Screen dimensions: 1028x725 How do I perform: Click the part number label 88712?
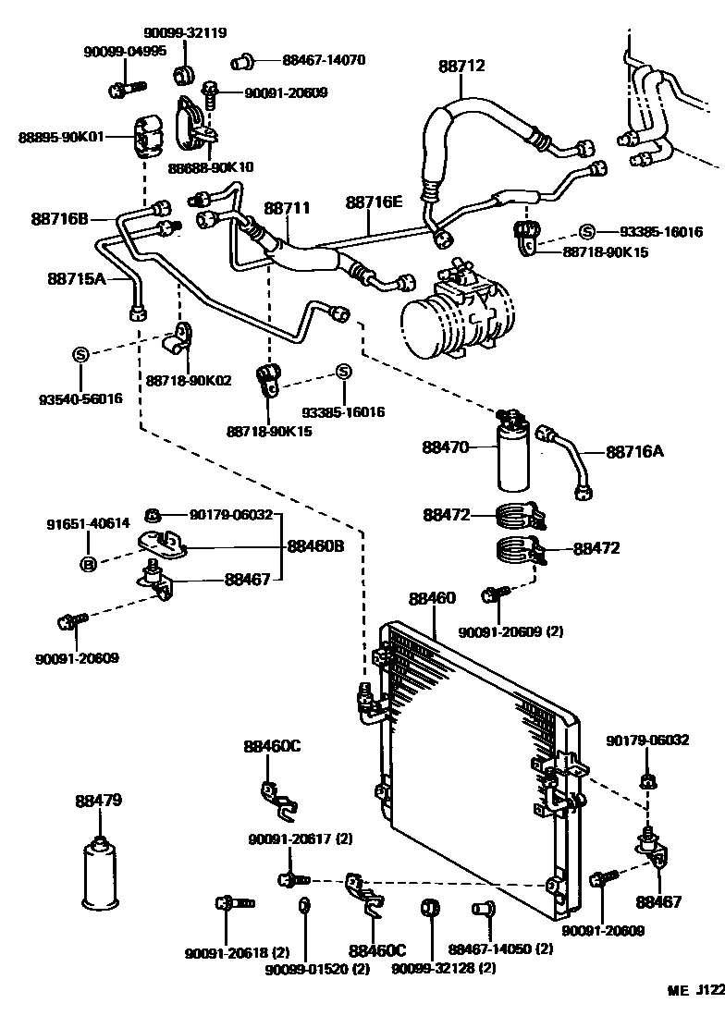(461, 66)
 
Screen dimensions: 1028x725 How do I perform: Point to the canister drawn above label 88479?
(99, 874)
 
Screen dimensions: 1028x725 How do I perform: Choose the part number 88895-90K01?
(61, 137)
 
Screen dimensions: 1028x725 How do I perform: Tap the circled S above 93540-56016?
(80, 354)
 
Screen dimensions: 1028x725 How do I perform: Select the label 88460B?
(314, 545)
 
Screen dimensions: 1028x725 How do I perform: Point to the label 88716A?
(636, 451)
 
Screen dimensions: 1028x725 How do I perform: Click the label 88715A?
(78, 277)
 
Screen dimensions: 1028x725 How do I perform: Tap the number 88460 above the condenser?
(433, 599)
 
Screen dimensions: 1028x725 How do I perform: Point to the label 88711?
(288, 210)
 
